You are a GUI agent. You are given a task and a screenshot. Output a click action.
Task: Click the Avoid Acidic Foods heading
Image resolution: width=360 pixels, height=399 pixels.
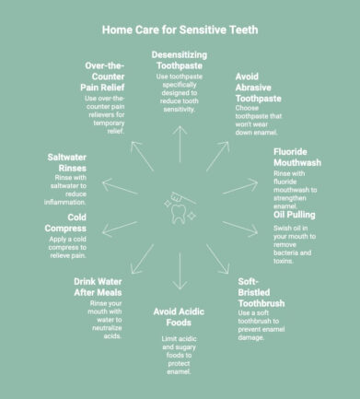[185, 319]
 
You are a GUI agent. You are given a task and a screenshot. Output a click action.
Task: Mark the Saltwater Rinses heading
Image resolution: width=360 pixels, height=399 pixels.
[74, 163]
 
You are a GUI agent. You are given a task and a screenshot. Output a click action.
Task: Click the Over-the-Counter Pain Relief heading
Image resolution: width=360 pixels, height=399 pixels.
[101, 77]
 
